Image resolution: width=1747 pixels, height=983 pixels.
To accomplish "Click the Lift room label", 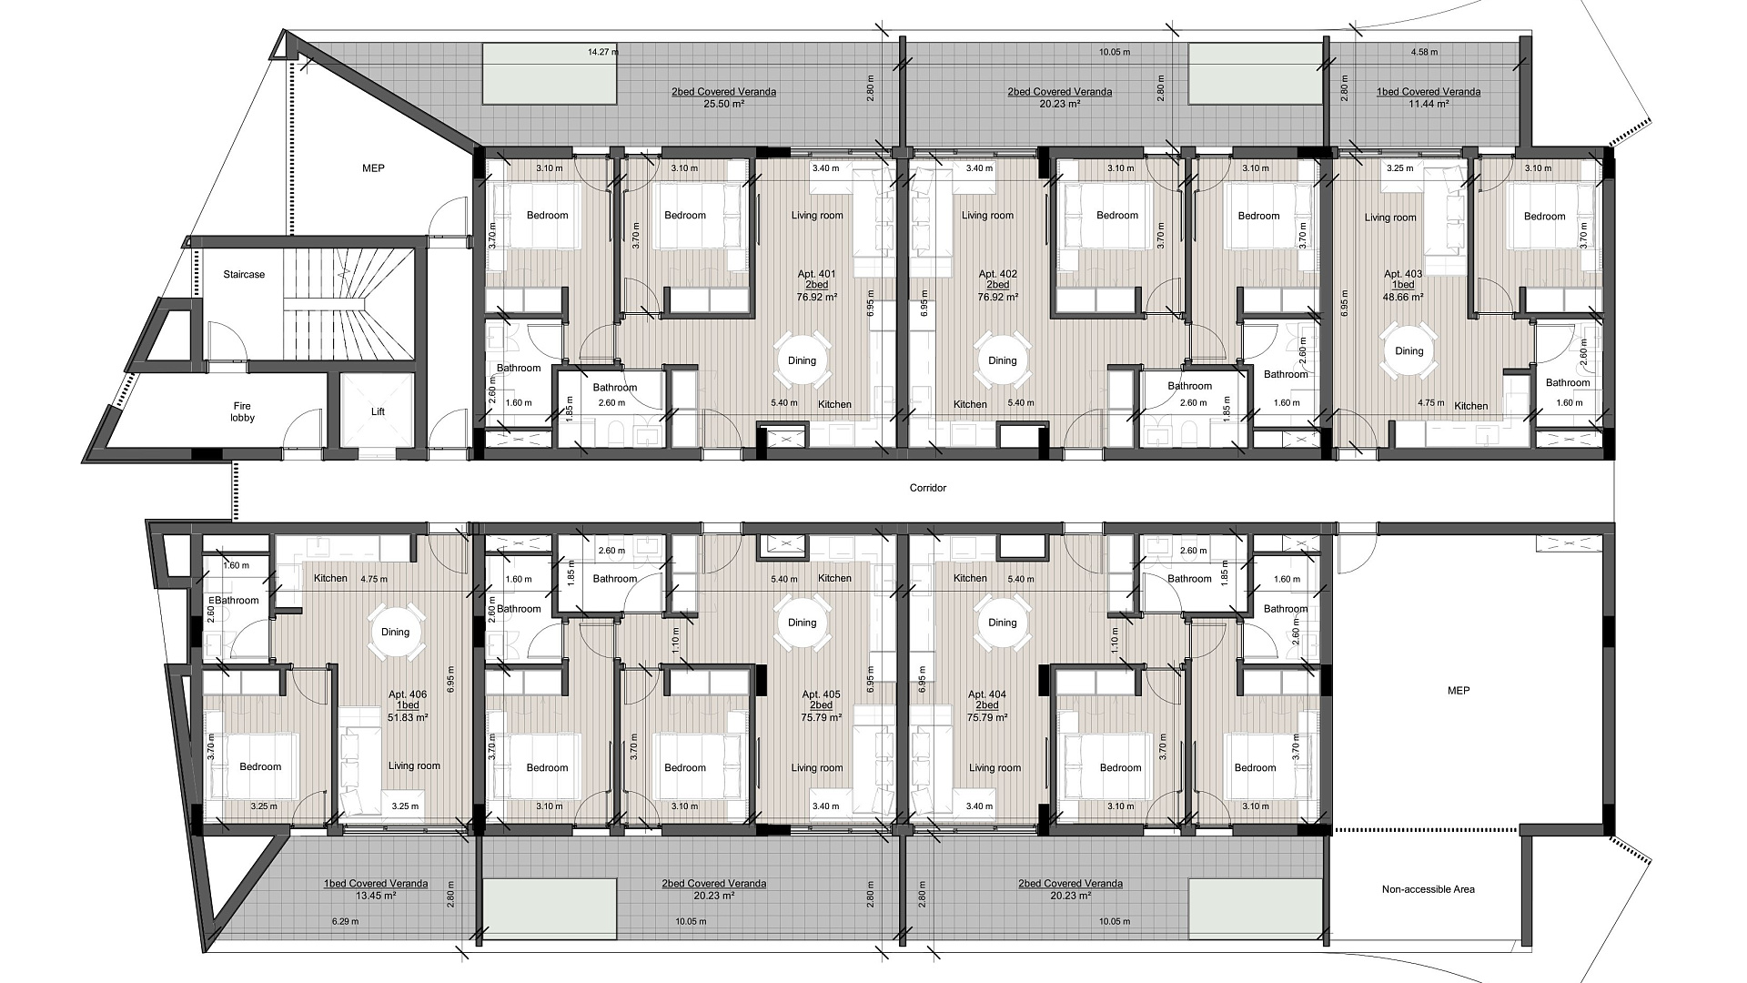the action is click(x=379, y=411).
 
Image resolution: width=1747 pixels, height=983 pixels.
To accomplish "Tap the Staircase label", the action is click(x=244, y=274).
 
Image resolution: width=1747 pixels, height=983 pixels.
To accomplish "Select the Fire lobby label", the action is click(x=242, y=411).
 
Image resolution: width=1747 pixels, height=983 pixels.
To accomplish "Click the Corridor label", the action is click(x=928, y=488).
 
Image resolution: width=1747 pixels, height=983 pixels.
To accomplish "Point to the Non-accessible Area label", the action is click(x=1428, y=889).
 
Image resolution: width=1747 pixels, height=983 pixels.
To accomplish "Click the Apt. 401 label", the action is click(x=816, y=274).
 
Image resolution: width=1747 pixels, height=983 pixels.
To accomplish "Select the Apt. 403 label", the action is click(x=1403, y=274).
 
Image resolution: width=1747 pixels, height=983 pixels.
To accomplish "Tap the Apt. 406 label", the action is click(x=408, y=694).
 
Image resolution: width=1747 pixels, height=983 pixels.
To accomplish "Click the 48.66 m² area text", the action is click(x=1403, y=297).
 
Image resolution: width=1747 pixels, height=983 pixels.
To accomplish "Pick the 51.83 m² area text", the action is click(x=408, y=717).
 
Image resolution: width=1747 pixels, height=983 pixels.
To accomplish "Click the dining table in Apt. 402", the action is click(x=1003, y=360).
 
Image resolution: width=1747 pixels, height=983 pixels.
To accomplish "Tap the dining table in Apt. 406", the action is click(x=396, y=632).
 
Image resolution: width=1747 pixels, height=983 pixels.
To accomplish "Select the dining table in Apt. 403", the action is click(x=1409, y=351).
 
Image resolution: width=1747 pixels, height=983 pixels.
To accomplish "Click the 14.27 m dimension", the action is click(x=602, y=52).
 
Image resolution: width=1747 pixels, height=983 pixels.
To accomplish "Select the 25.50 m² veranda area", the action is click(x=724, y=104).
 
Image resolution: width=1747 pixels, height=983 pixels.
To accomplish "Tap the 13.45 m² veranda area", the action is click(x=376, y=896).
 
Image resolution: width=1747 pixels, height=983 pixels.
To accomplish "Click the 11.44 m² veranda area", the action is click(x=1428, y=104).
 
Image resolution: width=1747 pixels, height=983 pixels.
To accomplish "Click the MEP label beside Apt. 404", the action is click(x=1459, y=691).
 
